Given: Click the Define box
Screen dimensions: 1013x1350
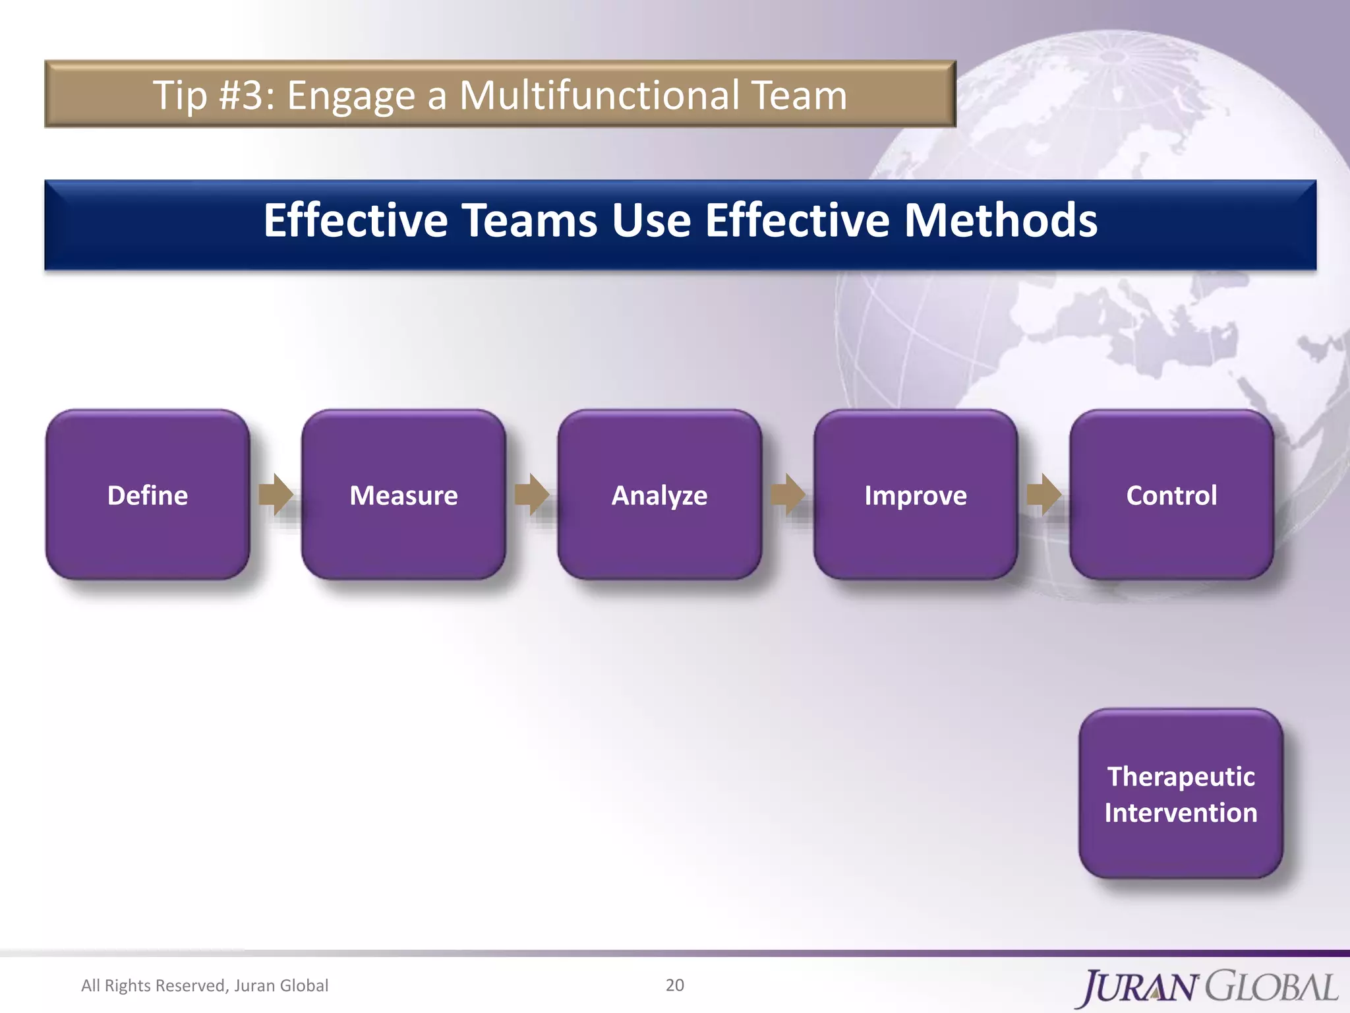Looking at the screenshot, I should tap(148, 495).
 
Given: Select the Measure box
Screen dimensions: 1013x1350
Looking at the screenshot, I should tap(403, 495).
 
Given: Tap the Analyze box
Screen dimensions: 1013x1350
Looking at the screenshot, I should tap(659, 495).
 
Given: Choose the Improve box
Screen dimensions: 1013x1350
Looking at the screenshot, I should tap(916, 495).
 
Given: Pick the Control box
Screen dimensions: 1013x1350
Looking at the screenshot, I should tap(1171, 495).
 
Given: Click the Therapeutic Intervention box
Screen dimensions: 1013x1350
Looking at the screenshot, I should tap(1181, 794).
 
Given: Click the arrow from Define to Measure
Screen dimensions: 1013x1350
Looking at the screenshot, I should tap(276, 494).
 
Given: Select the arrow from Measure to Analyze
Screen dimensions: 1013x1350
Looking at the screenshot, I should tap(532, 494).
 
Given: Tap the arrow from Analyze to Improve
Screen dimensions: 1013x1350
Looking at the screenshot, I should tap(788, 494).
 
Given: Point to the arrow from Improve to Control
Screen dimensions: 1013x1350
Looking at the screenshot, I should tap(1044, 494).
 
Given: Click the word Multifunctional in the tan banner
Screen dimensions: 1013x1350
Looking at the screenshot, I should tap(599, 95).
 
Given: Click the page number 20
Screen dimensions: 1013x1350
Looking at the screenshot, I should tap(674, 985).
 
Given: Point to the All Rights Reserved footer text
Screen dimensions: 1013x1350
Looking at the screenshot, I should tap(204, 985).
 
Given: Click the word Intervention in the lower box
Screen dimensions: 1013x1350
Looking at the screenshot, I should tap(1181, 813).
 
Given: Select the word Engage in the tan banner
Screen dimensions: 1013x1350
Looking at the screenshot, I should tap(351, 96).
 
